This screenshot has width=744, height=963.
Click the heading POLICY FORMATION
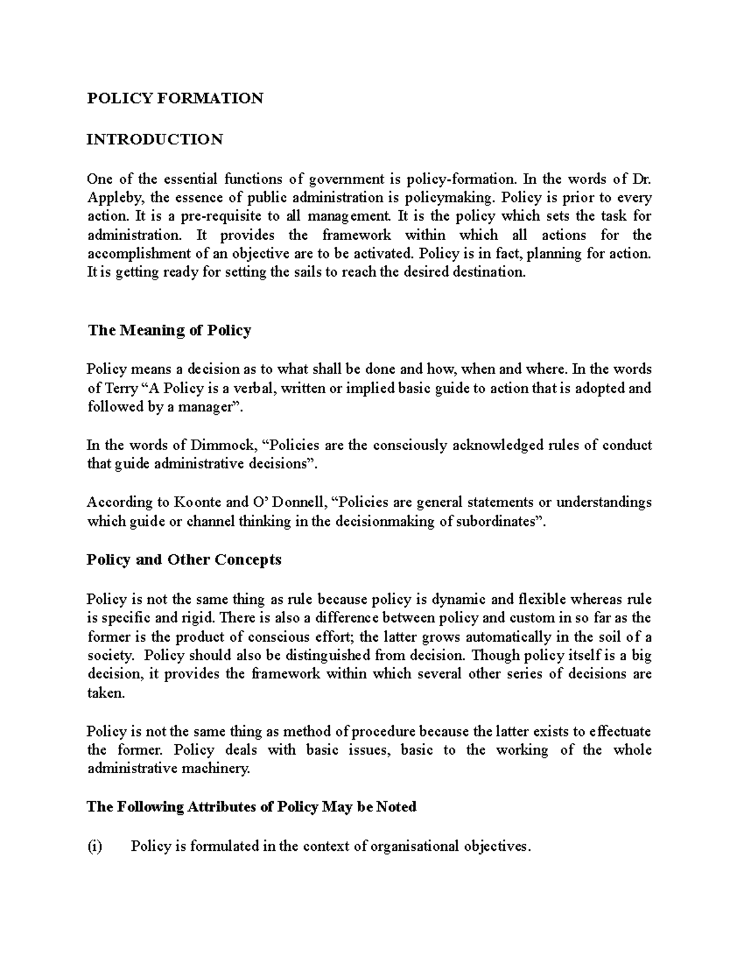click(x=175, y=99)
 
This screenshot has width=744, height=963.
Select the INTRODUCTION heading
click(x=154, y=139)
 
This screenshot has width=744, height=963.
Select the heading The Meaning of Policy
click(x=169, y=330)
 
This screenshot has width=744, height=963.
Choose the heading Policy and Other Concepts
click(x=184, y=559)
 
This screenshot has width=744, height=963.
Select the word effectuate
click(x=620, y=732)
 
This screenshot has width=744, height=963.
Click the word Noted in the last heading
click(x=397, y=807)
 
